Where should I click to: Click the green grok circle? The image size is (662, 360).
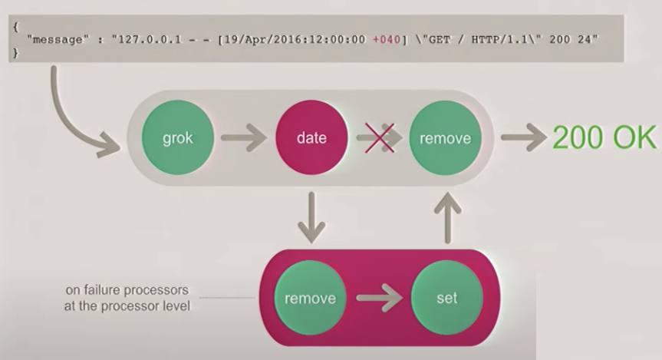point(176,139)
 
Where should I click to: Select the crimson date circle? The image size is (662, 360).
point(311,139)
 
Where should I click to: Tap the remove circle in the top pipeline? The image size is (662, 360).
point(445,139)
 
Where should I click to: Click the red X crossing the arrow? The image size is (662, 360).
point(378,137)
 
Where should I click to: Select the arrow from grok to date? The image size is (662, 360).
point(243,139)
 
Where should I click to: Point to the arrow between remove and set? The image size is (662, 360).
point(378,299)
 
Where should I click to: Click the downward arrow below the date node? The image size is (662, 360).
point(310,216)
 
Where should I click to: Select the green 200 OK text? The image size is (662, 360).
point(604,138)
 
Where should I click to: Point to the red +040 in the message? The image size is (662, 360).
point(387,38)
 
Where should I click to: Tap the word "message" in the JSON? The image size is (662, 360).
point(56,38)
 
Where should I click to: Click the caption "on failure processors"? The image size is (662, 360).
point(127,292)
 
